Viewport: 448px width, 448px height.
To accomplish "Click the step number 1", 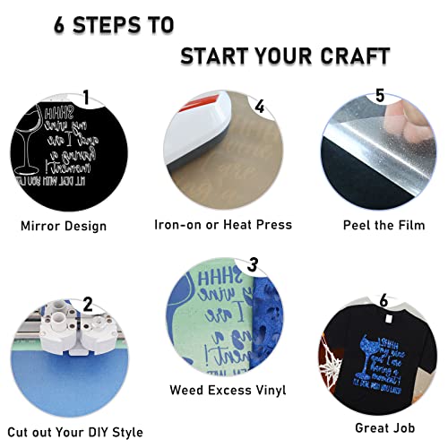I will pos(86,97).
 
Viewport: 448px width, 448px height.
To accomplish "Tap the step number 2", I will pos(86,304).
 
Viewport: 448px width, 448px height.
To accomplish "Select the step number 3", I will pos(253,264).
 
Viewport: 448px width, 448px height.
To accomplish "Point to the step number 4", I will pos(259,106).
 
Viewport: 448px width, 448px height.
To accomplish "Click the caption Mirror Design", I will pos(64,225).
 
